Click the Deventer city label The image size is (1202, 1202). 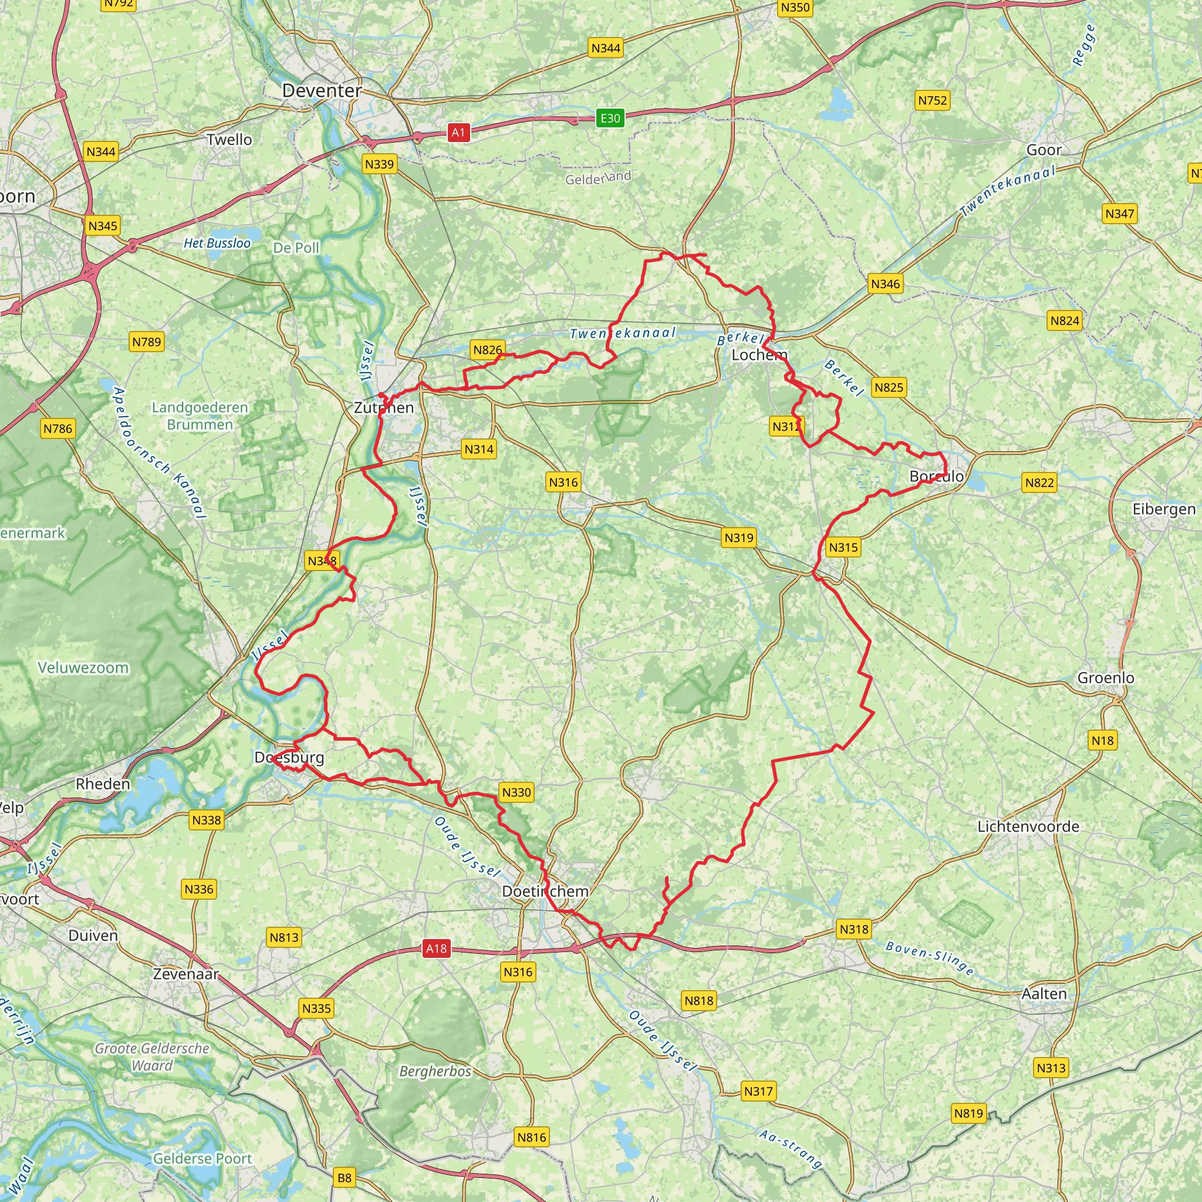tap(322, 90)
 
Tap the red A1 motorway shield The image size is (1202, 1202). tap(458, 132)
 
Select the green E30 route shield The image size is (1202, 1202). tap(610, 118)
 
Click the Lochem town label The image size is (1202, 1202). tap(759, 354)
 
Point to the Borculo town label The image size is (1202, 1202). tap(936, 476)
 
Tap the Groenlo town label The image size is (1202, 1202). tap(1106, 677)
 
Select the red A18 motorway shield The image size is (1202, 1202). tap(436, 949)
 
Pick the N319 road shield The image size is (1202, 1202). tap(738, 538)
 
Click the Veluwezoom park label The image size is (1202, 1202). tap(83, 667)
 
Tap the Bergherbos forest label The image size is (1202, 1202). tap(435, 1071)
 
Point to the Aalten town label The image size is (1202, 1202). tap(1044, 994)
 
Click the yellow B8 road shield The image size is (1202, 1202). tap(344, 1177)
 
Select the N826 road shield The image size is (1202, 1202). tap(487, 350)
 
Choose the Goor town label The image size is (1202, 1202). tap(1044, 150)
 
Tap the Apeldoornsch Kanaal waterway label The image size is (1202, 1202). tap(159, 453)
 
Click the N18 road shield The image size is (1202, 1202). tap(1102, 740)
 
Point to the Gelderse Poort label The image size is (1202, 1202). tap(202, 1159)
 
